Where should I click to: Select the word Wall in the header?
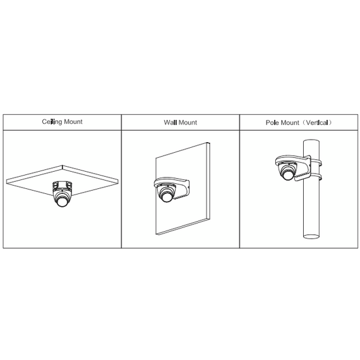point(169,123)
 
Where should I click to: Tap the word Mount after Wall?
point(188,123)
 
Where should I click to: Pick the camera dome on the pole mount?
point(288,172)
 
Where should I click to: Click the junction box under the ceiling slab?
point(62,186)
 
